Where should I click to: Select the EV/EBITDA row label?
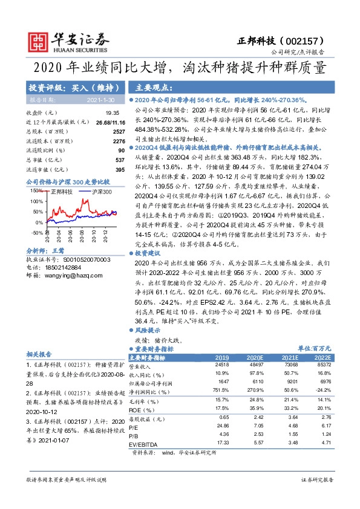145,443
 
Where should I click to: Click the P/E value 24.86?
222,426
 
